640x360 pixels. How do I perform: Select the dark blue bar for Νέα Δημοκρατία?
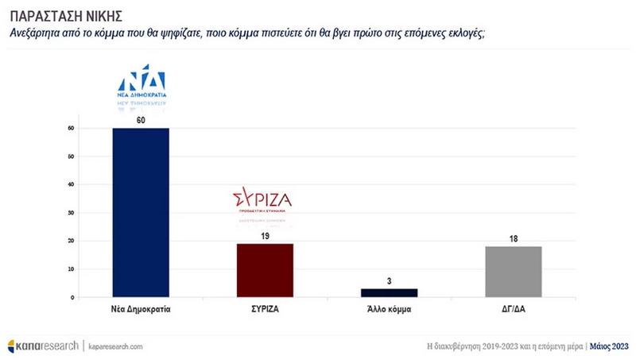click(141, 212)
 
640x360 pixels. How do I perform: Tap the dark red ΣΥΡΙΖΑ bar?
click(266, 270)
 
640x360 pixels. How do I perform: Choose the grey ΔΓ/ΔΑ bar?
click(514, 272)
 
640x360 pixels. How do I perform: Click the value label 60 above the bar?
click(141, 121)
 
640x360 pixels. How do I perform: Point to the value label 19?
click(266, 237)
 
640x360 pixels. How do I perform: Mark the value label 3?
click(388, 281)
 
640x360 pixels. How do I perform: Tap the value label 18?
click(514, 238)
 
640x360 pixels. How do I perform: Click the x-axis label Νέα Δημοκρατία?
click(141, 308)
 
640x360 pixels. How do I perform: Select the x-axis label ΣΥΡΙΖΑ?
click(266, 308)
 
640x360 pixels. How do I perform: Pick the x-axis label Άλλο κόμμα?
click(388, 308)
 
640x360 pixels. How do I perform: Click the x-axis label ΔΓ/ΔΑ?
click(514, 308)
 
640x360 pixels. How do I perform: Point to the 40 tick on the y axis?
click(72, 184)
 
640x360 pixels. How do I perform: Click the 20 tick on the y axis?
click(72, 241)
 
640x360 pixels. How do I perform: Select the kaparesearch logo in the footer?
click(43, 346)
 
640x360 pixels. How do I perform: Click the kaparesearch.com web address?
click(115, 346)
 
